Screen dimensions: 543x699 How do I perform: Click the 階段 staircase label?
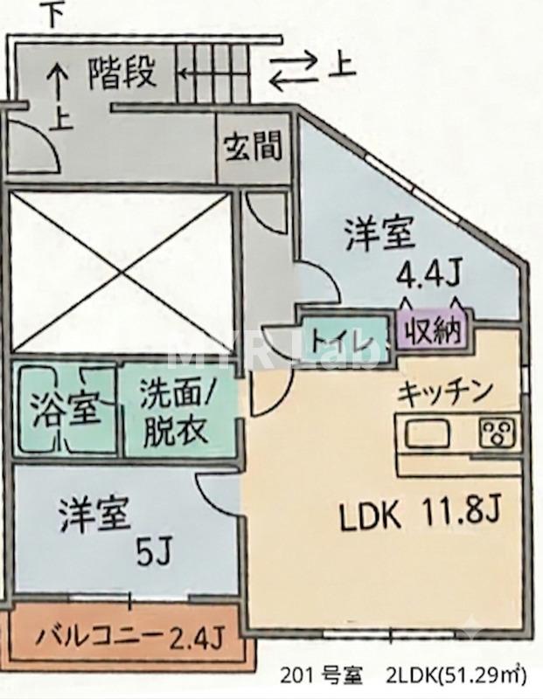coord(122,73)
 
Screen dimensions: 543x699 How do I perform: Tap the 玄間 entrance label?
coord(253,146)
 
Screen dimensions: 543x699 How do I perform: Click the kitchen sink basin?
coord(427,433)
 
